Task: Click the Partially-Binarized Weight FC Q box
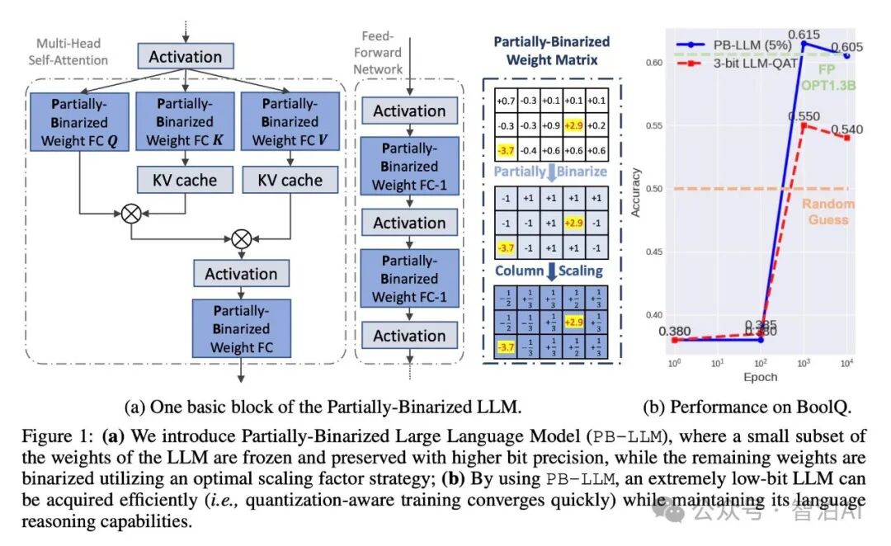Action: click(x=79, y=121)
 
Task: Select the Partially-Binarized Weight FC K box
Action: click(x=185, y=121)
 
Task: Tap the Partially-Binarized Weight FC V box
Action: click(x=290, y=121)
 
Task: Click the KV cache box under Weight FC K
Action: click(x=185, y=180)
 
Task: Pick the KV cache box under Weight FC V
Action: click(x=290, y=180)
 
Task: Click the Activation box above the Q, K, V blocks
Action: click(x=185, y=57)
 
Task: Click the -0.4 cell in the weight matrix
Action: click(x=529, y=150)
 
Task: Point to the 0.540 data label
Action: click(x=847, y=129)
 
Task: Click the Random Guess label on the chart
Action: click(x=828, y=211)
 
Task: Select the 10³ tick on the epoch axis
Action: click(x=803, y=364)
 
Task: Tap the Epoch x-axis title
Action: click(x=759, y=377)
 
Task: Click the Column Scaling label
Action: click(x=549, y=271)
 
